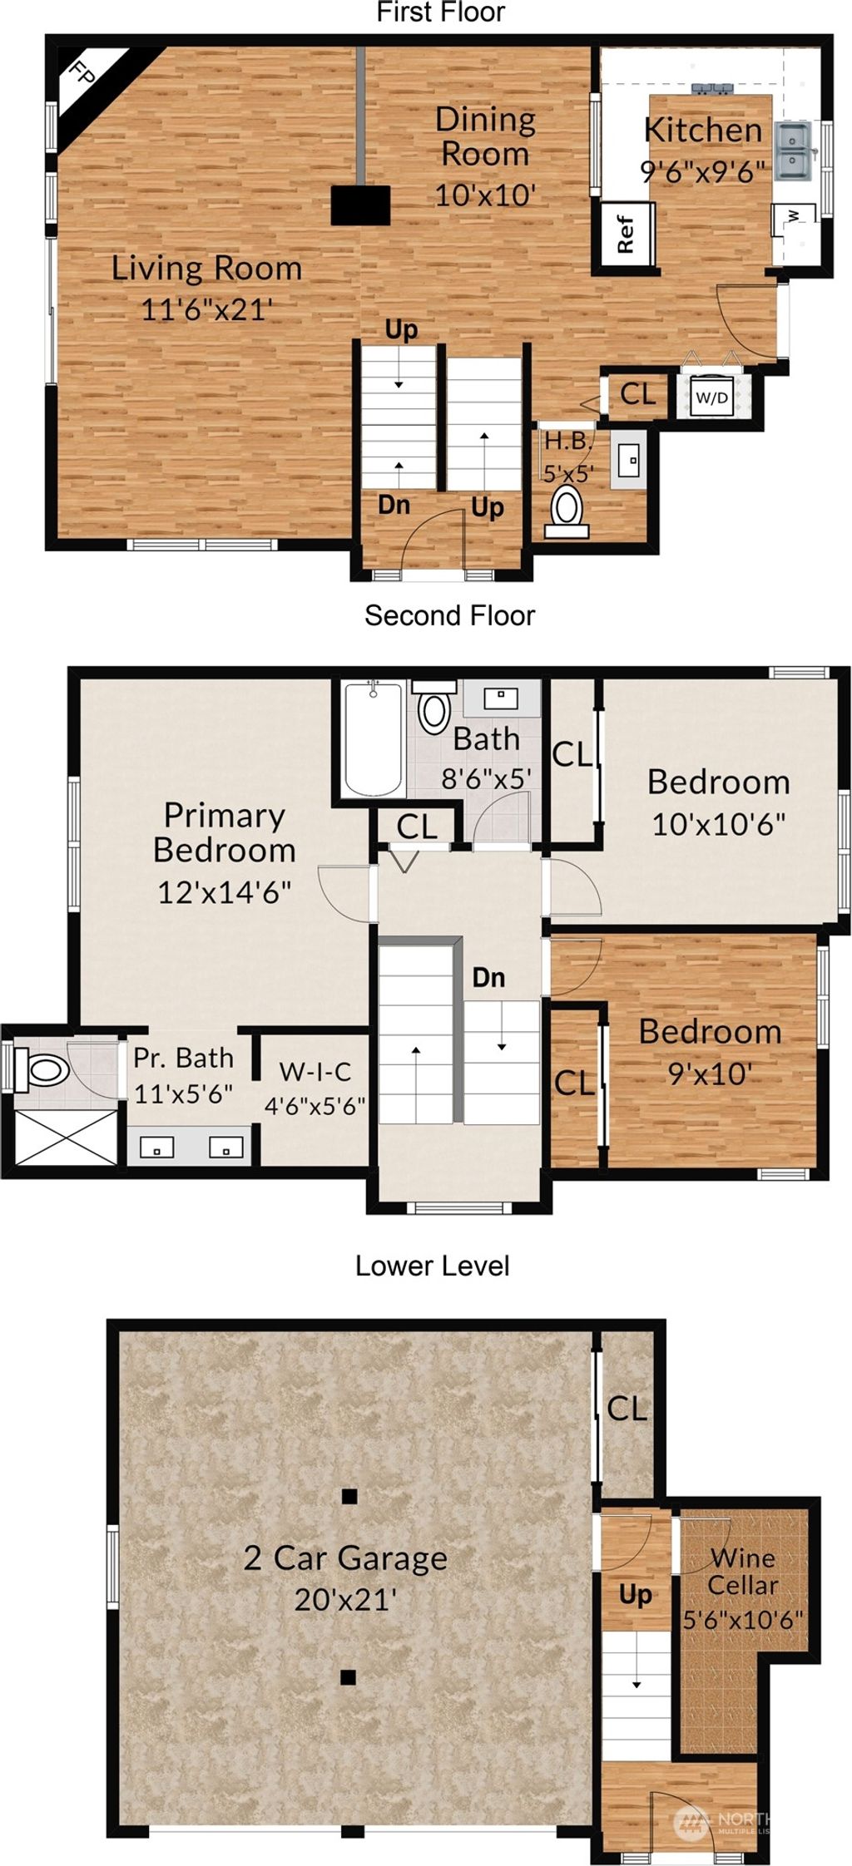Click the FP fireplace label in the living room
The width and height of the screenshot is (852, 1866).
[81, 74]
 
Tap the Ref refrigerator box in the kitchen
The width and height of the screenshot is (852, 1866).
[626, 235]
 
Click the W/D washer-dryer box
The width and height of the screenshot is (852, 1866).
[711, 397]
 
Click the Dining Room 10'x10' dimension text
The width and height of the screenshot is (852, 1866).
[485, 195]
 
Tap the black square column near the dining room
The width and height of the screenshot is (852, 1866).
[360, 205]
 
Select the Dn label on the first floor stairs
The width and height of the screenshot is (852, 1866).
[394, 504]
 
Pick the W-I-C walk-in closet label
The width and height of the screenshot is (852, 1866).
[315, 1071]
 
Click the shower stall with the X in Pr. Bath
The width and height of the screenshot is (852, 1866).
[67, 1137]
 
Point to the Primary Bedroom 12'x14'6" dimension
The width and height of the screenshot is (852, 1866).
[224, 892]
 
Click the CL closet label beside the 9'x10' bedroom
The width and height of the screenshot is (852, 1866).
[574, 1083]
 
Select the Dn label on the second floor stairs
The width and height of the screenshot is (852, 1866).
[488, 977]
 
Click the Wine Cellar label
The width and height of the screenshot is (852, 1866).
[742, 1571]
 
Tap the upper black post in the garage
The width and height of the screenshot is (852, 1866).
[349, 1497]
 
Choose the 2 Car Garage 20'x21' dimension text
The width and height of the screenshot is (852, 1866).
[344, 1599]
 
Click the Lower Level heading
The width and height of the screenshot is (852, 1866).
[432, 1266]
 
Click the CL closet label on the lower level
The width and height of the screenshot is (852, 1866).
[627, 1409]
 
